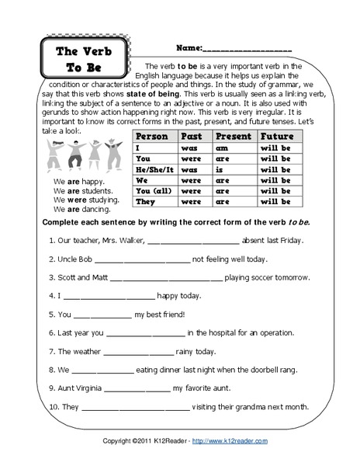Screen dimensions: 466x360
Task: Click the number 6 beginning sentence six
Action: (50, 332)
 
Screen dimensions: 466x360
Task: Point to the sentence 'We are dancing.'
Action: (78, 208)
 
